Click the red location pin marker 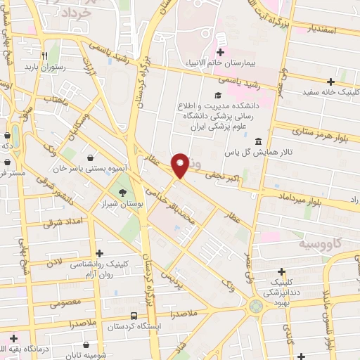click(180, 165)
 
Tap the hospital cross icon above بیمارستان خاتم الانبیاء click(221, 52)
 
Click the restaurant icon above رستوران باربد click(44, 55)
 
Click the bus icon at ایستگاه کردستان click(134, 316)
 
